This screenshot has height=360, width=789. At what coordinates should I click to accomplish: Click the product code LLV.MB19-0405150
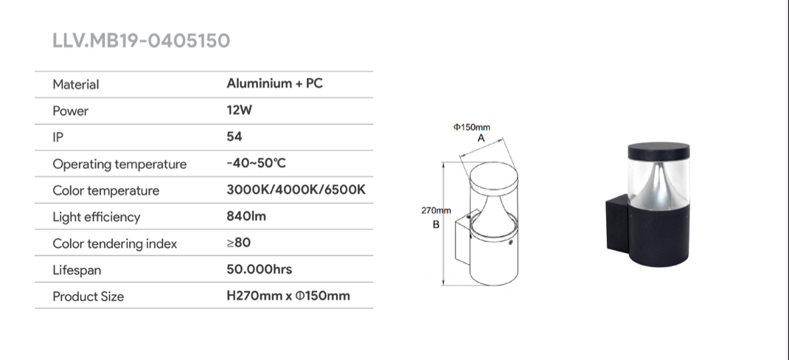pyautogui.click(x=142, y=41)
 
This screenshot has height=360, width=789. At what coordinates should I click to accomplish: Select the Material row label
pyautogui.click(x=76, y=84)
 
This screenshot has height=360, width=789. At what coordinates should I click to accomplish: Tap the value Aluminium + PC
pyautogui.click(x=275, y=83)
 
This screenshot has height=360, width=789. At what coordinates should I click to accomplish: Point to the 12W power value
pyautogui.click(x=240, y=110)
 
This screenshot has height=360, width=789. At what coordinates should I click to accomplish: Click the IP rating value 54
pyautogui.click(x=234, y=136)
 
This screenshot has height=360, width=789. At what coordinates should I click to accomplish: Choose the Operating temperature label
pyautogui.click(x=119, y=165)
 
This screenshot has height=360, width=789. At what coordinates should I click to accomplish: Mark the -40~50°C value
pyautogui.click(x=257, y=163)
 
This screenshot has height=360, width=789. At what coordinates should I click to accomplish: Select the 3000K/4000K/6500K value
pyautogui.click(x=296, y=190)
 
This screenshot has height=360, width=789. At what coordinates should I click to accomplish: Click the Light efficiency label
pyautogui.click(x=97, y=217)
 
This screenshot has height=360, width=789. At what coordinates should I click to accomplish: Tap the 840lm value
pyautogui.click(x=246, y=216)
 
